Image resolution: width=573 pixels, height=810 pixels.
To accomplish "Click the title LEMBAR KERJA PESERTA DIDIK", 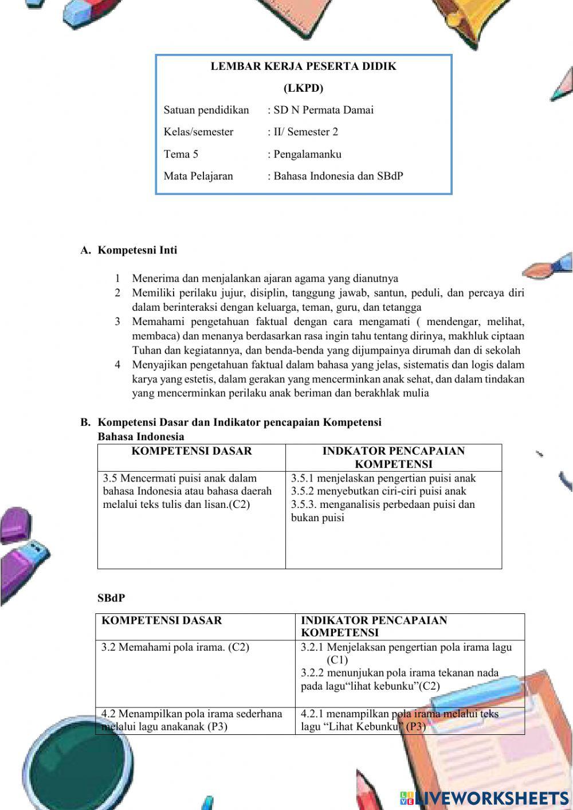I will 303,66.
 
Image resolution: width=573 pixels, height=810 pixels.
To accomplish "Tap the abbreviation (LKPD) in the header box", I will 303,88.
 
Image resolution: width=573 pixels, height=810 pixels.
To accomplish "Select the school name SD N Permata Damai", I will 323,110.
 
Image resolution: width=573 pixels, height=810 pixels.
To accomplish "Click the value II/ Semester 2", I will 305,132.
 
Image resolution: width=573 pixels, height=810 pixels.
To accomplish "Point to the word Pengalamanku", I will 307,154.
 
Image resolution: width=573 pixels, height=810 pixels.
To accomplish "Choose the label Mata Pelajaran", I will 198,176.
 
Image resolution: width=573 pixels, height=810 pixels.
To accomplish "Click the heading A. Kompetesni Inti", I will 129,251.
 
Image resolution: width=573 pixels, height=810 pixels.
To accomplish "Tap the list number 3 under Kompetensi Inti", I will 117,322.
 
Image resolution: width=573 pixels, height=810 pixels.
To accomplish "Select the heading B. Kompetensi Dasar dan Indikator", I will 231,422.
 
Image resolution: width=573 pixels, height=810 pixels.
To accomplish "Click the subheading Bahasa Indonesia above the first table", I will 141,437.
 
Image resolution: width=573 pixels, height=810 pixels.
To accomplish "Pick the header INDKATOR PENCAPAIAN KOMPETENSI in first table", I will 393,457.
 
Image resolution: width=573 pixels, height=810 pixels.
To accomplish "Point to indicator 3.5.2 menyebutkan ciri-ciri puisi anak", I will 378,491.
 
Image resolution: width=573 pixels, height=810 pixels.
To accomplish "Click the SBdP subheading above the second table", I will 111,598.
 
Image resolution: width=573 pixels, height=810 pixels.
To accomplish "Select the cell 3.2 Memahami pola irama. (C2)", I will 175,648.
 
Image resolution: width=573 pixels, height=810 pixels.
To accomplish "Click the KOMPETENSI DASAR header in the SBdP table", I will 162,620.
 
